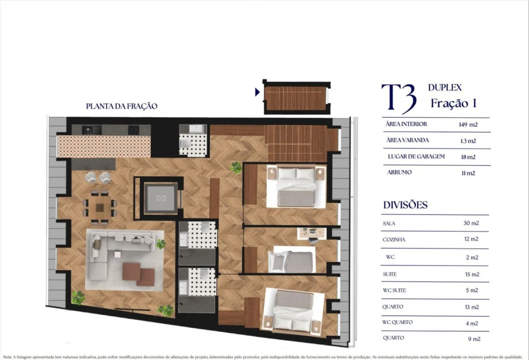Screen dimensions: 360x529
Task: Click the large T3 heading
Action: (x=398, y=98)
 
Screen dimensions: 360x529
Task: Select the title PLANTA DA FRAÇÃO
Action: (x=121, y=106)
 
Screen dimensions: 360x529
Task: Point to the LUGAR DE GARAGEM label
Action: (x=416, y=156)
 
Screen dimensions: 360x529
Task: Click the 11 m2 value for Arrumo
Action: (x=467, y=173)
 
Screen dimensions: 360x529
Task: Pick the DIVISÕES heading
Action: (x=405, y=205)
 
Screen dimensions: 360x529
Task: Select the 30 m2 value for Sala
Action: (x=470, y=223)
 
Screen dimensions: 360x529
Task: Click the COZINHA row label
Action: (x=394, y=239)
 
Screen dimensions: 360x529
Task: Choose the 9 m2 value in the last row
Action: (x=473, y=338)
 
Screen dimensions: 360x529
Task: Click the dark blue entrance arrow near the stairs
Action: (x=257, y=92)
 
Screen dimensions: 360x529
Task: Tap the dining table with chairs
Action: (x=100, y=206)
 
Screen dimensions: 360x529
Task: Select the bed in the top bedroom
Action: (x=296, y=186)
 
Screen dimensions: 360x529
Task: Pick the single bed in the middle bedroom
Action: (x=292, y=261)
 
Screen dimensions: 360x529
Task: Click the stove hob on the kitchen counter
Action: (x=133, y=129)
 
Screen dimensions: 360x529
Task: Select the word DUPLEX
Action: (x=444, y=87)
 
